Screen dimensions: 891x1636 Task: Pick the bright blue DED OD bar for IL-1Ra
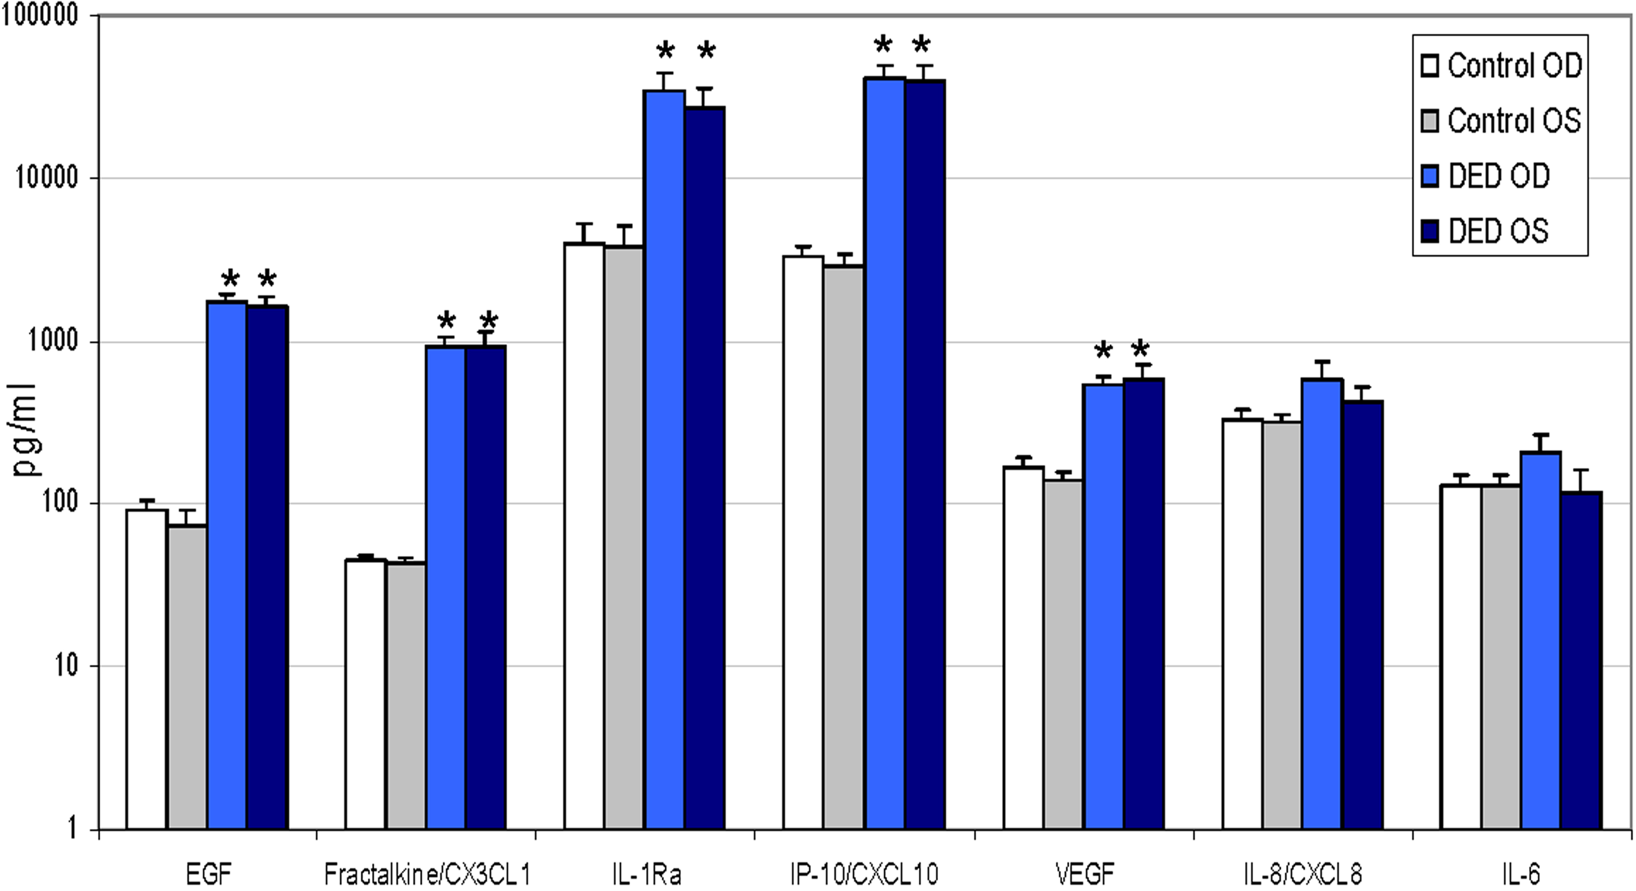pyautogui.click(x=664, y=460)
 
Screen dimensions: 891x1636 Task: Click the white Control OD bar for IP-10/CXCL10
pyautogui.click(x=803, y=543)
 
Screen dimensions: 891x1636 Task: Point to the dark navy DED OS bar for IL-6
pyautogui.click(x=1581, y=660)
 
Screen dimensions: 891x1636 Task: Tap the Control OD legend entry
pyautogui.click(x=1501, y=66)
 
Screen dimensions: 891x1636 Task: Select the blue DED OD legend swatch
pyautogui.click(x=1430, y=176)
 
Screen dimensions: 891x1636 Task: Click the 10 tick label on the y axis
pyautogui.click(x=63, y=667)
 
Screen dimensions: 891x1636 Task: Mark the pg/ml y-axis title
pyautogui.click(x=26, y=431)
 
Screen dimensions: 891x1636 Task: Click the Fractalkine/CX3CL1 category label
pyautogui.click(x=426, y=874)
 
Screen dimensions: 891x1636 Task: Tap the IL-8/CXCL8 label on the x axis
pyautogui.click(x=1302, y=874)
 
